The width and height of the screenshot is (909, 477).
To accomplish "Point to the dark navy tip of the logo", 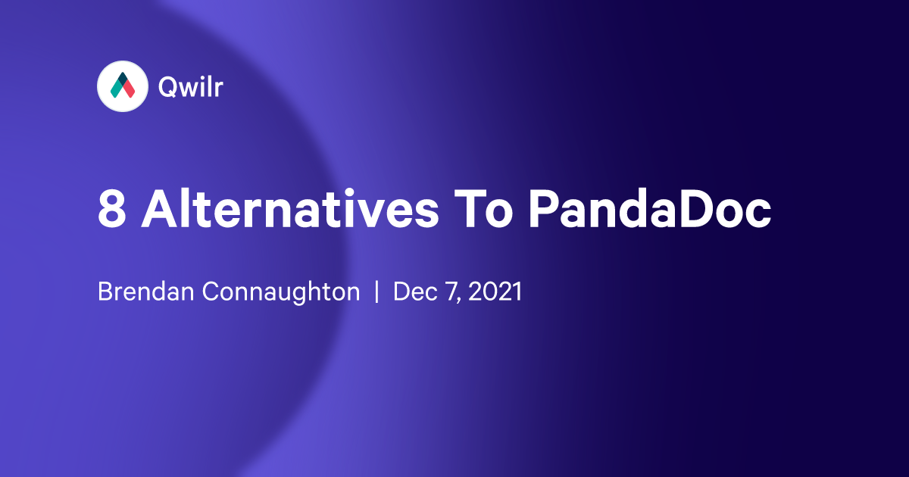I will click(122, 79).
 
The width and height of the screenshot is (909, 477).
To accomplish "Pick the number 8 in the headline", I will click(111, 209).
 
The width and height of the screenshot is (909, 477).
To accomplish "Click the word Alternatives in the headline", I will click(290, 209).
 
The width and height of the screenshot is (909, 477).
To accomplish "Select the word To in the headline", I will click(485, 209).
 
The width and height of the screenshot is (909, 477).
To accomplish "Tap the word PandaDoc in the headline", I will click(650, 209).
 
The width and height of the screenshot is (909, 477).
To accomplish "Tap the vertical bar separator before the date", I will click(376, 292).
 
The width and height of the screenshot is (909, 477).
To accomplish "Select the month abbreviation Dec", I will click(411, 292).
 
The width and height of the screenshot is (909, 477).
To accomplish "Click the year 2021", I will click(494, 292).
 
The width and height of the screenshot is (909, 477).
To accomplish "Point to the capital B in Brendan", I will click(105, 292).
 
